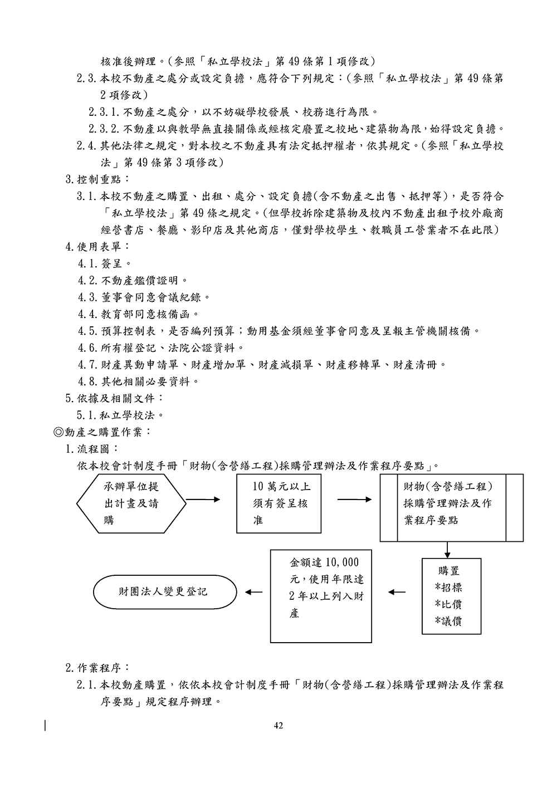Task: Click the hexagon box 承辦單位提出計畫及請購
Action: click(x=131, y=503)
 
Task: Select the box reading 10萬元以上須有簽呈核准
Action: click(x=278, y=503)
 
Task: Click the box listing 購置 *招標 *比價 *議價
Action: click(x=451, y=596)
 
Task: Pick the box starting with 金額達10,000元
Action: click(x=321, y=596)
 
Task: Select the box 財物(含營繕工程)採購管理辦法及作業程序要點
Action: click(x=451, y=507)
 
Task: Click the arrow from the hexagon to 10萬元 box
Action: click(x=204, y=500)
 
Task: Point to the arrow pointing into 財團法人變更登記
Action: click(x=253, y=592)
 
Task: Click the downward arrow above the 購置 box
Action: click(x=447, y=550)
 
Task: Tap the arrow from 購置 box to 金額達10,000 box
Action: click(x=396, y=592)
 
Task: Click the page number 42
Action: click(x=279, y=725)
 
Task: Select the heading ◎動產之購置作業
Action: click(x=101, y=432)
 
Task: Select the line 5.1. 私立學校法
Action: click(x=121, y=415)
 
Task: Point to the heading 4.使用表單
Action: click(x=97, y=246)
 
